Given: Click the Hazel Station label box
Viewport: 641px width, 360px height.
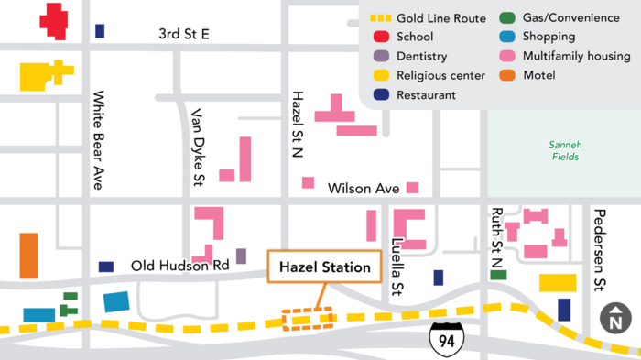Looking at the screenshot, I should (x=324, y=267).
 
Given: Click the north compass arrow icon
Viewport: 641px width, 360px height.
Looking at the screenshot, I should (x=615, y=320).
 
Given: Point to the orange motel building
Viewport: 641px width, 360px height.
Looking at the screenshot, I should (x=29, y=256).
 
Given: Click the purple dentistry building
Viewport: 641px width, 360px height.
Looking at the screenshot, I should (x=242, y=256).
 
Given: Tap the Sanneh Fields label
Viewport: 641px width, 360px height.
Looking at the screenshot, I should (x=564, y=150).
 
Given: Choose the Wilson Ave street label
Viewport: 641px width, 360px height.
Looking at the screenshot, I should (x=364, y=189).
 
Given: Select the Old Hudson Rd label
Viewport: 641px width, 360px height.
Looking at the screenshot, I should (x=179, y=266).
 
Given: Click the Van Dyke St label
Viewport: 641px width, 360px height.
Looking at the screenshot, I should (x=196, y=147).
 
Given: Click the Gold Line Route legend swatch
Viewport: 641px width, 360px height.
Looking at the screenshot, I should (x=381, y=18).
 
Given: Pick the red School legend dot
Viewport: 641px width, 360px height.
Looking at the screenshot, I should (x=379, y=38).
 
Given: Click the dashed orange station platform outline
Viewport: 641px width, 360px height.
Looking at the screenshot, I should (x=309, y=318).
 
